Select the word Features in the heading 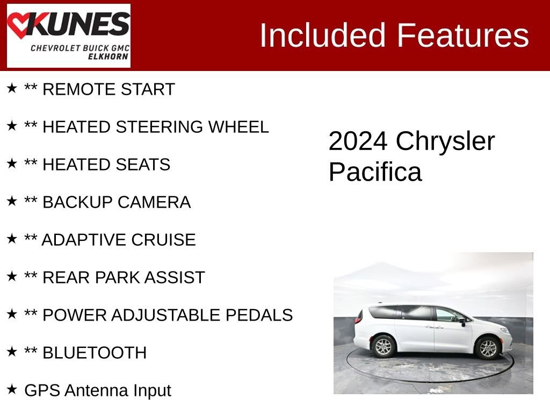tap(463, 35)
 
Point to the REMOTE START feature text tap(108, 89)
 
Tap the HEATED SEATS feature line tap(106, 165)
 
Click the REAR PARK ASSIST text tap(124, 277)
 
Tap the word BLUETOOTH tap(94, 353)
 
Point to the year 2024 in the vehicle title tap(358, 141)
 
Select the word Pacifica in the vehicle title tap(375, 172)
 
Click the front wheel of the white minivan tap(488, 347)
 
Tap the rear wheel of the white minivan tap(383, 346)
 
